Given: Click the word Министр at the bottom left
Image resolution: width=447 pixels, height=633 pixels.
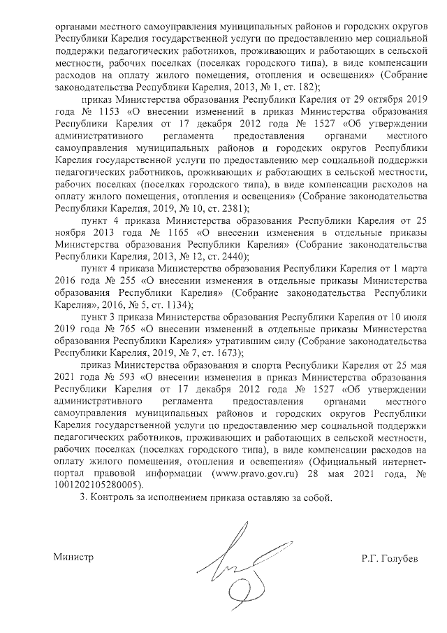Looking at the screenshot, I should coord(73,557).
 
